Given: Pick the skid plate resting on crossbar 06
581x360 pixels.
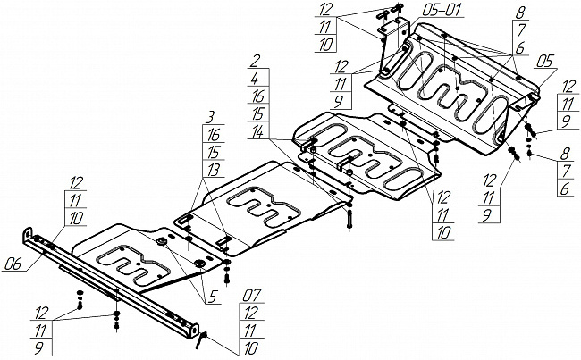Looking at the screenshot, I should click(143, 255).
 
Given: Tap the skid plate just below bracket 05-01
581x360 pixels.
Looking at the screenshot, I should click(447, 89).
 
